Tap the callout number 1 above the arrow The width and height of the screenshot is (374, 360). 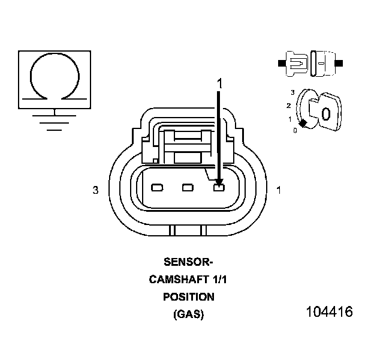click(219, 84)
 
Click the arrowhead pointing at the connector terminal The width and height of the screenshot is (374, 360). click(219, 181)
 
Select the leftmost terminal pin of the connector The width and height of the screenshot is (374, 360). click(158, 188)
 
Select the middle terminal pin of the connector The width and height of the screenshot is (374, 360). click(188, 188)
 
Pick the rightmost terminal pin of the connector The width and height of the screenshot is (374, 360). click(219, 188)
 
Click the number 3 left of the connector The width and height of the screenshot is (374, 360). click(95, 190)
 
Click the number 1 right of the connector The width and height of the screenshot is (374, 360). click(278, 190)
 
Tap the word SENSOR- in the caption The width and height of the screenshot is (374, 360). click(188, 262)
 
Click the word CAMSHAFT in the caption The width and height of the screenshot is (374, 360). click(178, 279)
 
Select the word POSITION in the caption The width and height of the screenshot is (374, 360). click(188, 296)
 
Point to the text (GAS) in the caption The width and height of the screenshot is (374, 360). click(188, 314)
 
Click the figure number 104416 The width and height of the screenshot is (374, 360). click(329, 312)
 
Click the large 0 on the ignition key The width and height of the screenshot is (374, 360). click(325, 114)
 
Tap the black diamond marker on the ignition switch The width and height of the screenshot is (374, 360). click(303, 123)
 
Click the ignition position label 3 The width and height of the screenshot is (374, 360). click(292, 92)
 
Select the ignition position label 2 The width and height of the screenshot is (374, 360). click(289, 106)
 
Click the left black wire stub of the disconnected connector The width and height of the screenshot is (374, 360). click(282, 62)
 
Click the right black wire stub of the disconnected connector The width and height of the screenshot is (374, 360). click(340, 62)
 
